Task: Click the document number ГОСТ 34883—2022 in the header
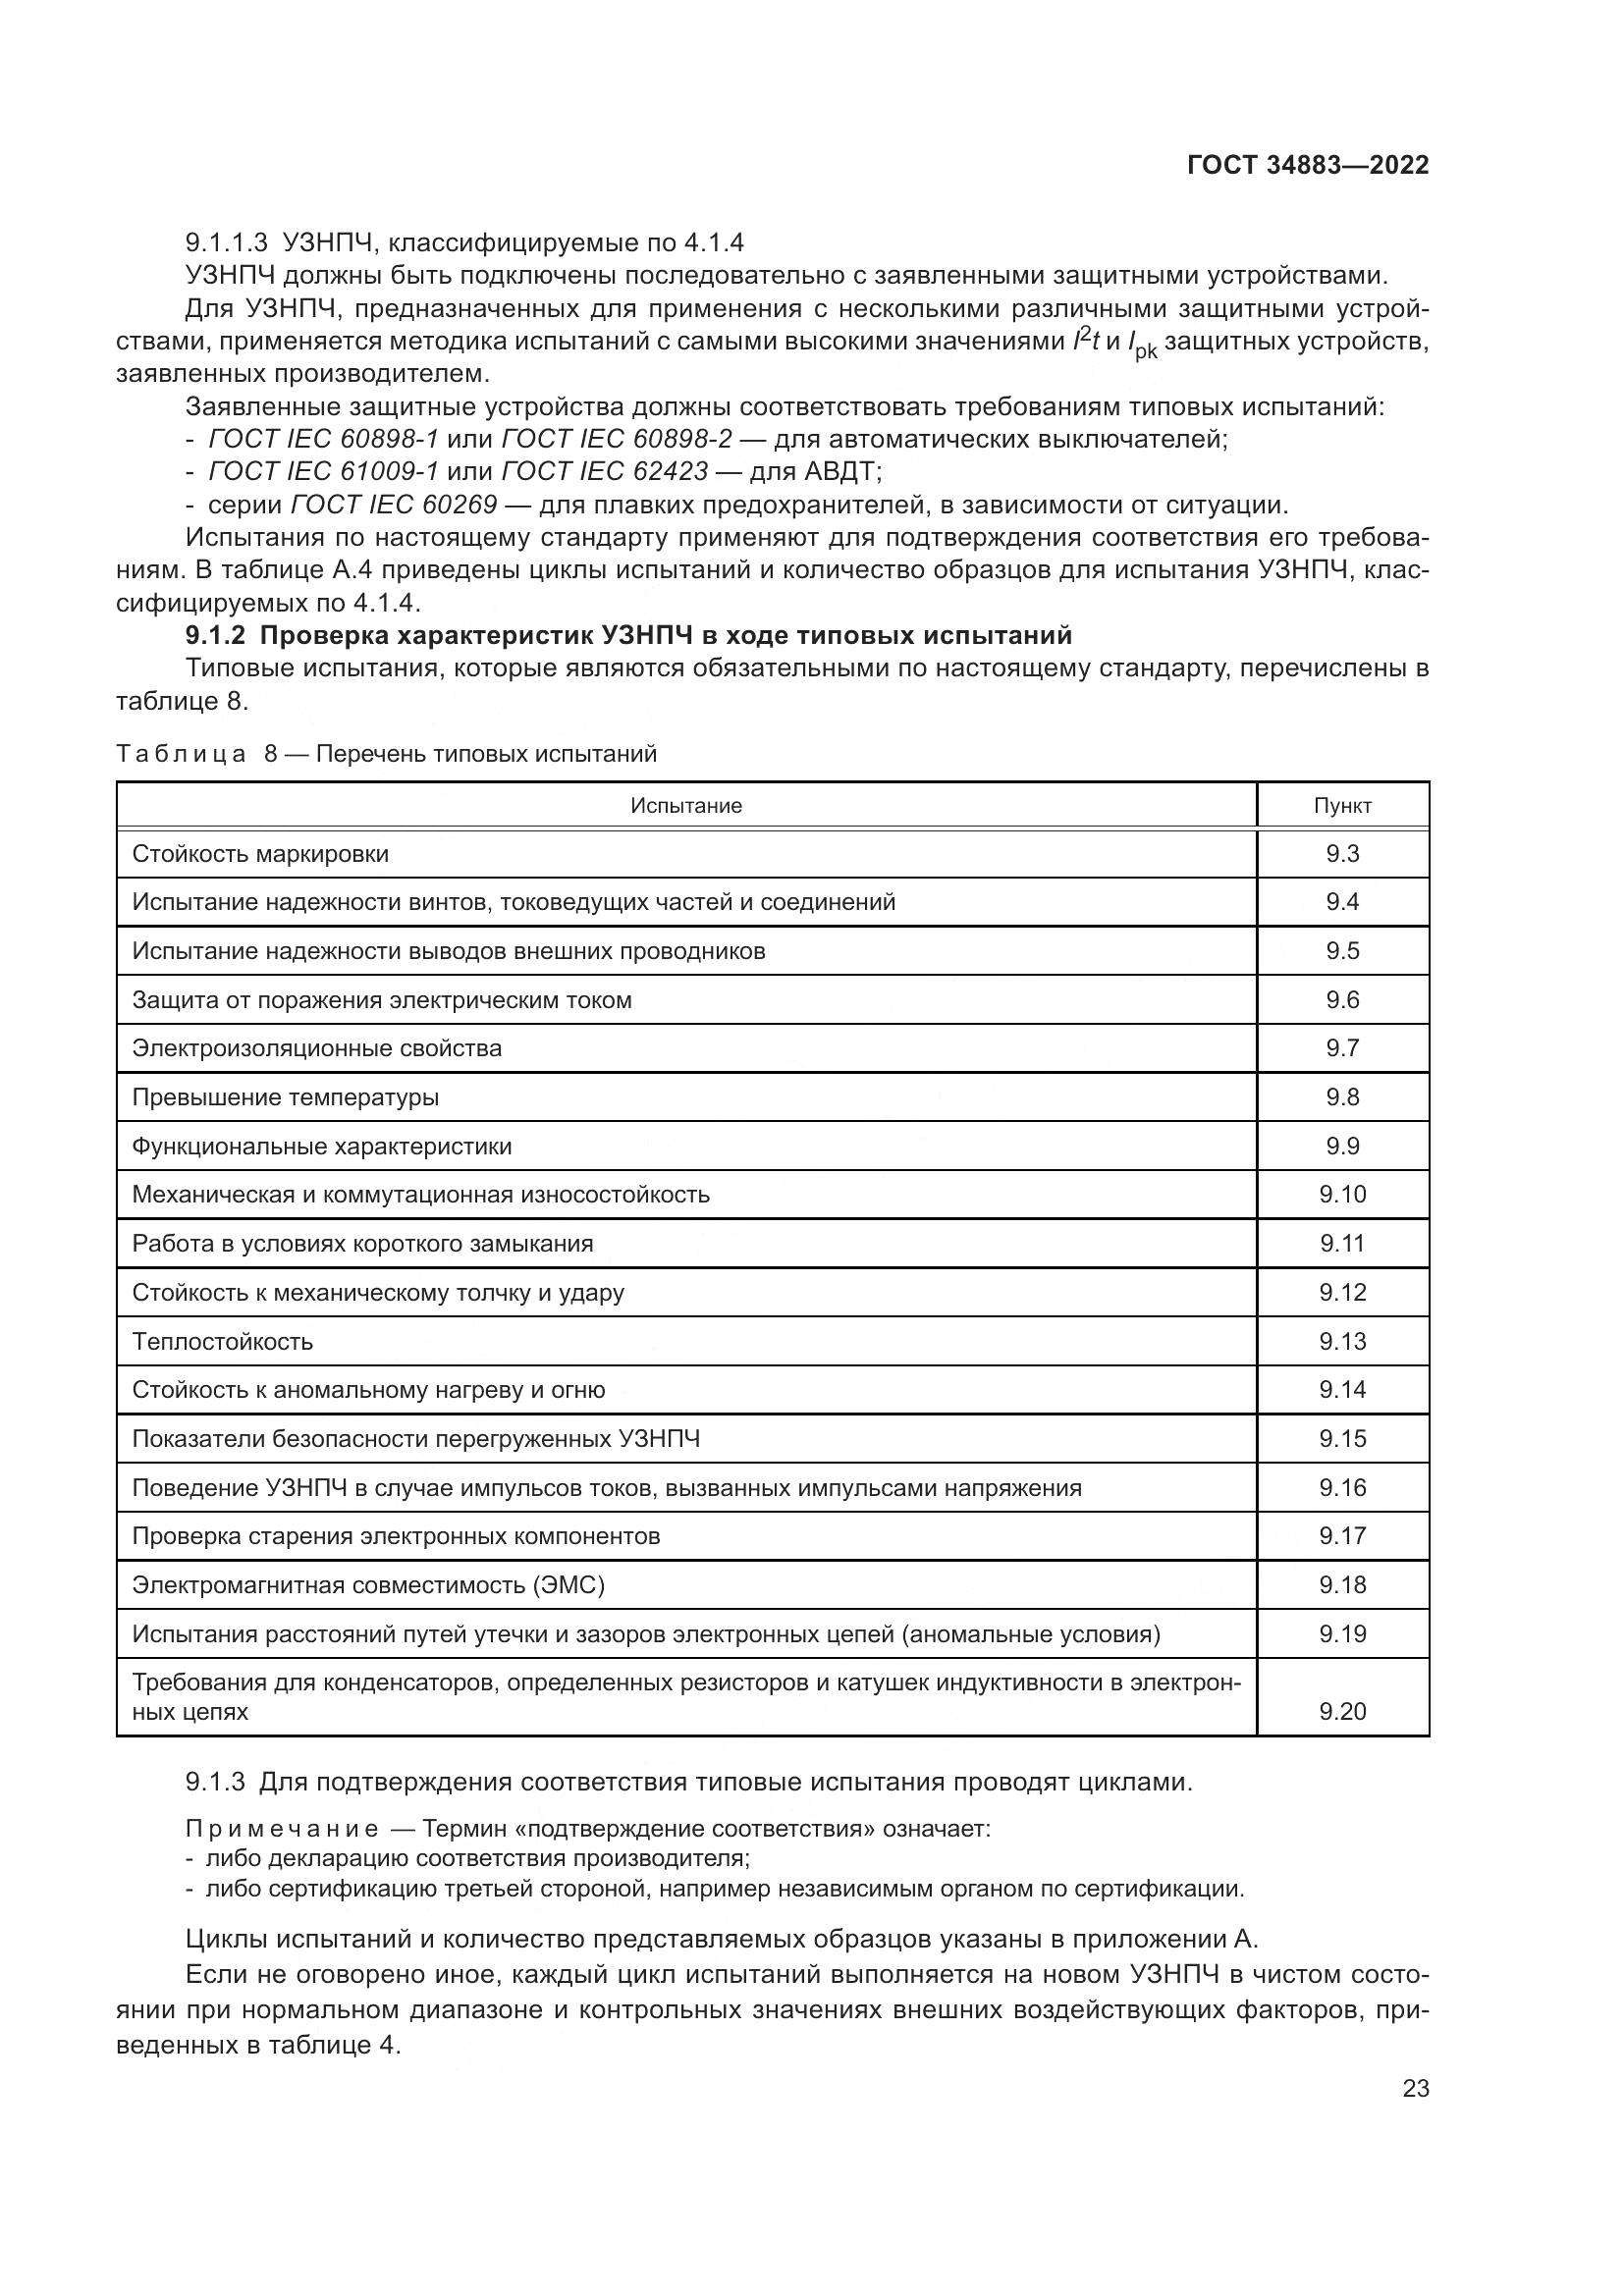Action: click(x=1307, y=166)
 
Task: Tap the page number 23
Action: click(x=1415, y=2088)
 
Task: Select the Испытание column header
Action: click(x=686, y=806)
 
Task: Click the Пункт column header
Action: click(x=1342, y=806)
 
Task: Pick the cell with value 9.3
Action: click(x=1342, y=854)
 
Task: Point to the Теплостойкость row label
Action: click(x=222, y=1342)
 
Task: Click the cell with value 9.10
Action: click(x=1342, y=1195)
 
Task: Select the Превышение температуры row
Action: click(x=285, y=1098)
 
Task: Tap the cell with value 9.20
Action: click(x=1342, y=1712)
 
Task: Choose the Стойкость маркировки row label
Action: click(x=260, y=855)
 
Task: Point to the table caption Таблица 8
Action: click(x=190, y=754)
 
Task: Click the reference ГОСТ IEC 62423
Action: click(x=604, y=471)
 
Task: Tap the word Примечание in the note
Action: click(x=282, y=1830)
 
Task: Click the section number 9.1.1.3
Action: click(x=227, y=243)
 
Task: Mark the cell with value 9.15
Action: click(x=1342, y=1439)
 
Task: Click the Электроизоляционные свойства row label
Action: click(x=317, y=1049)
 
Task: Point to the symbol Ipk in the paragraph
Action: click(x=1141, y=345)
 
